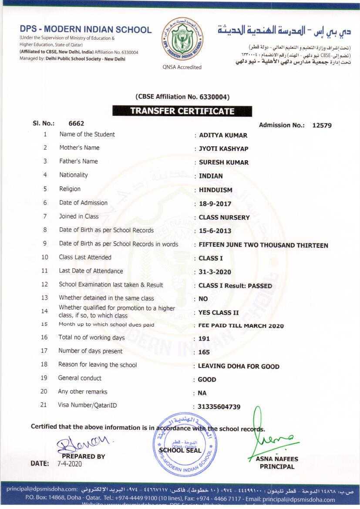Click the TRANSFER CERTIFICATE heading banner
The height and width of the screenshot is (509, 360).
(x=182, y=111)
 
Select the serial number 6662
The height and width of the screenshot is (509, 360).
(x=76, y=123)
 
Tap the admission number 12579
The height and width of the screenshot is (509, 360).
(x=322, y=125)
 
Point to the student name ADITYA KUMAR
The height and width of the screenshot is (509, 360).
(x=223, y=135)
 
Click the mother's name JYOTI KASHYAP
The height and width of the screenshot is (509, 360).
(x=223, y=149)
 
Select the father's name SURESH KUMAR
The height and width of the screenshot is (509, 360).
(x=224, y=162)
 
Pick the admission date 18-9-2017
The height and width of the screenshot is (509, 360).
(x=215, y=204)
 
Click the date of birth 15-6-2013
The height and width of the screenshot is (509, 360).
(x=215, y=231)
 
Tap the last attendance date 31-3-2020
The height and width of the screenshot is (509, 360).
(x=215, y=272)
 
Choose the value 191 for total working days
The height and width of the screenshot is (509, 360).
(x=204, y=339)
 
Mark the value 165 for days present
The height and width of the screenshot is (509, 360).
(x=204, y=352)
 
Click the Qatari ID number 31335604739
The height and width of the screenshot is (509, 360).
(x=219, y=407)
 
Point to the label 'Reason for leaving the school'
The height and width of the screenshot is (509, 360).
(x=98, y=365)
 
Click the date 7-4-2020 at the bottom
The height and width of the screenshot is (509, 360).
(x=70, y=464)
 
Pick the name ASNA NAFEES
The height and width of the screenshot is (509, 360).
(x=277, y=459)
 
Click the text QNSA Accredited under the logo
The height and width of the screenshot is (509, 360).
(x=182, y=67)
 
